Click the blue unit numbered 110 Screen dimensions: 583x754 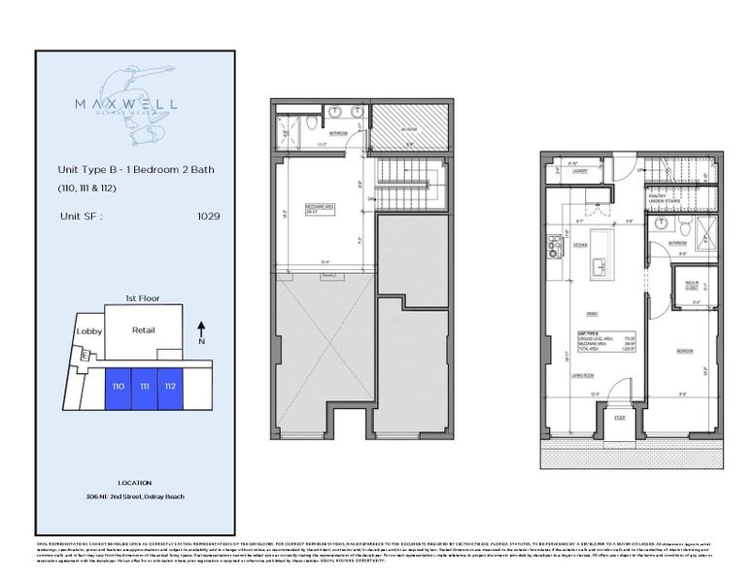pyautogui.click(x=119, y=387)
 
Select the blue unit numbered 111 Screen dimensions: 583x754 pyautogui.click(x=145, y=387)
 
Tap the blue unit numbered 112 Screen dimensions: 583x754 pyautogui.click(x=171, y=387)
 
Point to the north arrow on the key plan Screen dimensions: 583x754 pyautogui.click(x=200, y=333)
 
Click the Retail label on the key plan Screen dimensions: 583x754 pyautogui.click(x=144, y=330)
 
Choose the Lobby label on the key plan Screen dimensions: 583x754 pyautogui.click(x=89, y=331)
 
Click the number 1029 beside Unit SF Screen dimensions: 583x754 pyautogui.click(x=208, y=216)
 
